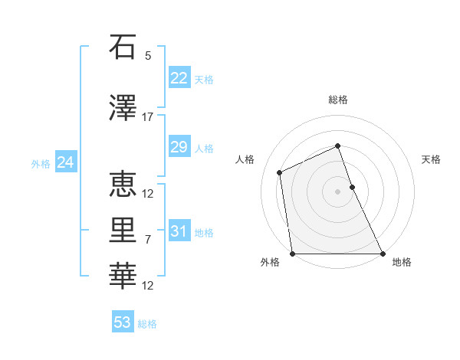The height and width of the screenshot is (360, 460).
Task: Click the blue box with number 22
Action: [x=179, y=78]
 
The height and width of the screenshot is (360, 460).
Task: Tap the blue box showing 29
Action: [x=179, y=147]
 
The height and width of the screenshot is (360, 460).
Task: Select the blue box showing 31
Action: [x=179, y=231]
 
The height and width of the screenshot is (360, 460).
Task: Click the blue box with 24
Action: [x=65, y=162]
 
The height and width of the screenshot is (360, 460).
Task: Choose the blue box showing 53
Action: [x=123, y=322]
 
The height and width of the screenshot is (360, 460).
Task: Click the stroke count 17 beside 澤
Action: [x=148, y=117]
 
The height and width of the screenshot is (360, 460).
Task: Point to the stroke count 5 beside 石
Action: [x=148, y=55]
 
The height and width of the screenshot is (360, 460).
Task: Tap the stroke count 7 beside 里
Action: [x=148, y=240]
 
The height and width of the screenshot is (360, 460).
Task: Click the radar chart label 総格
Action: [x=338, y=100]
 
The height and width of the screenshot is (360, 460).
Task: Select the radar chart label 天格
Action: [x=432, y=159]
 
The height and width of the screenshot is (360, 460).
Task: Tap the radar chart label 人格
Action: [x=245, y=159]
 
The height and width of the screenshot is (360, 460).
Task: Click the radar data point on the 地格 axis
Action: [x=382, y=254]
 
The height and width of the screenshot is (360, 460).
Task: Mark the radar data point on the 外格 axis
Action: [x=293, y=254]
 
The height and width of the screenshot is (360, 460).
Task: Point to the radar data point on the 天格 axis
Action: [x=352, y=187]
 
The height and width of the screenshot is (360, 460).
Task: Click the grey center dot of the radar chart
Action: [x=338, y=191]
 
